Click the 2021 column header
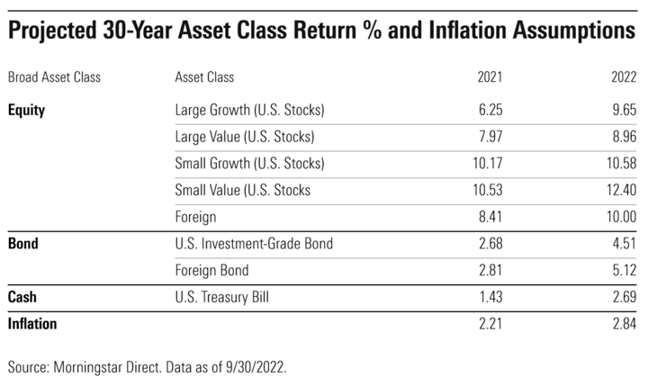coord(490,76)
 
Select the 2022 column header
coord(624,76)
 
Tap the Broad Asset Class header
coord(54,76)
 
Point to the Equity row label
coord(26,111)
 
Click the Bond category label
coord(23,244)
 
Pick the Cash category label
coord(22,297)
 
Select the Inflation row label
coord(32,324)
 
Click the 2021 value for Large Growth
coord(490,110)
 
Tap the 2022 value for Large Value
coord(625,137)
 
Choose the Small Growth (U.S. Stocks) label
coord(249,163)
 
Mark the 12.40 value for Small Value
coord(622,190)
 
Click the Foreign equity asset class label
coord(195,217)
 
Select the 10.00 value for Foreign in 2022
coord(622,217)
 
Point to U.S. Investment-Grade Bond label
coord(254,244)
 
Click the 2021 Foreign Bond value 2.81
coord(490,270)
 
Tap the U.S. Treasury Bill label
coord(222,297)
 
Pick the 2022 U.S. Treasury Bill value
coord(625,297)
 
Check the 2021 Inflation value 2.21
coord(490,324)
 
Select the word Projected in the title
coord(51,31)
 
